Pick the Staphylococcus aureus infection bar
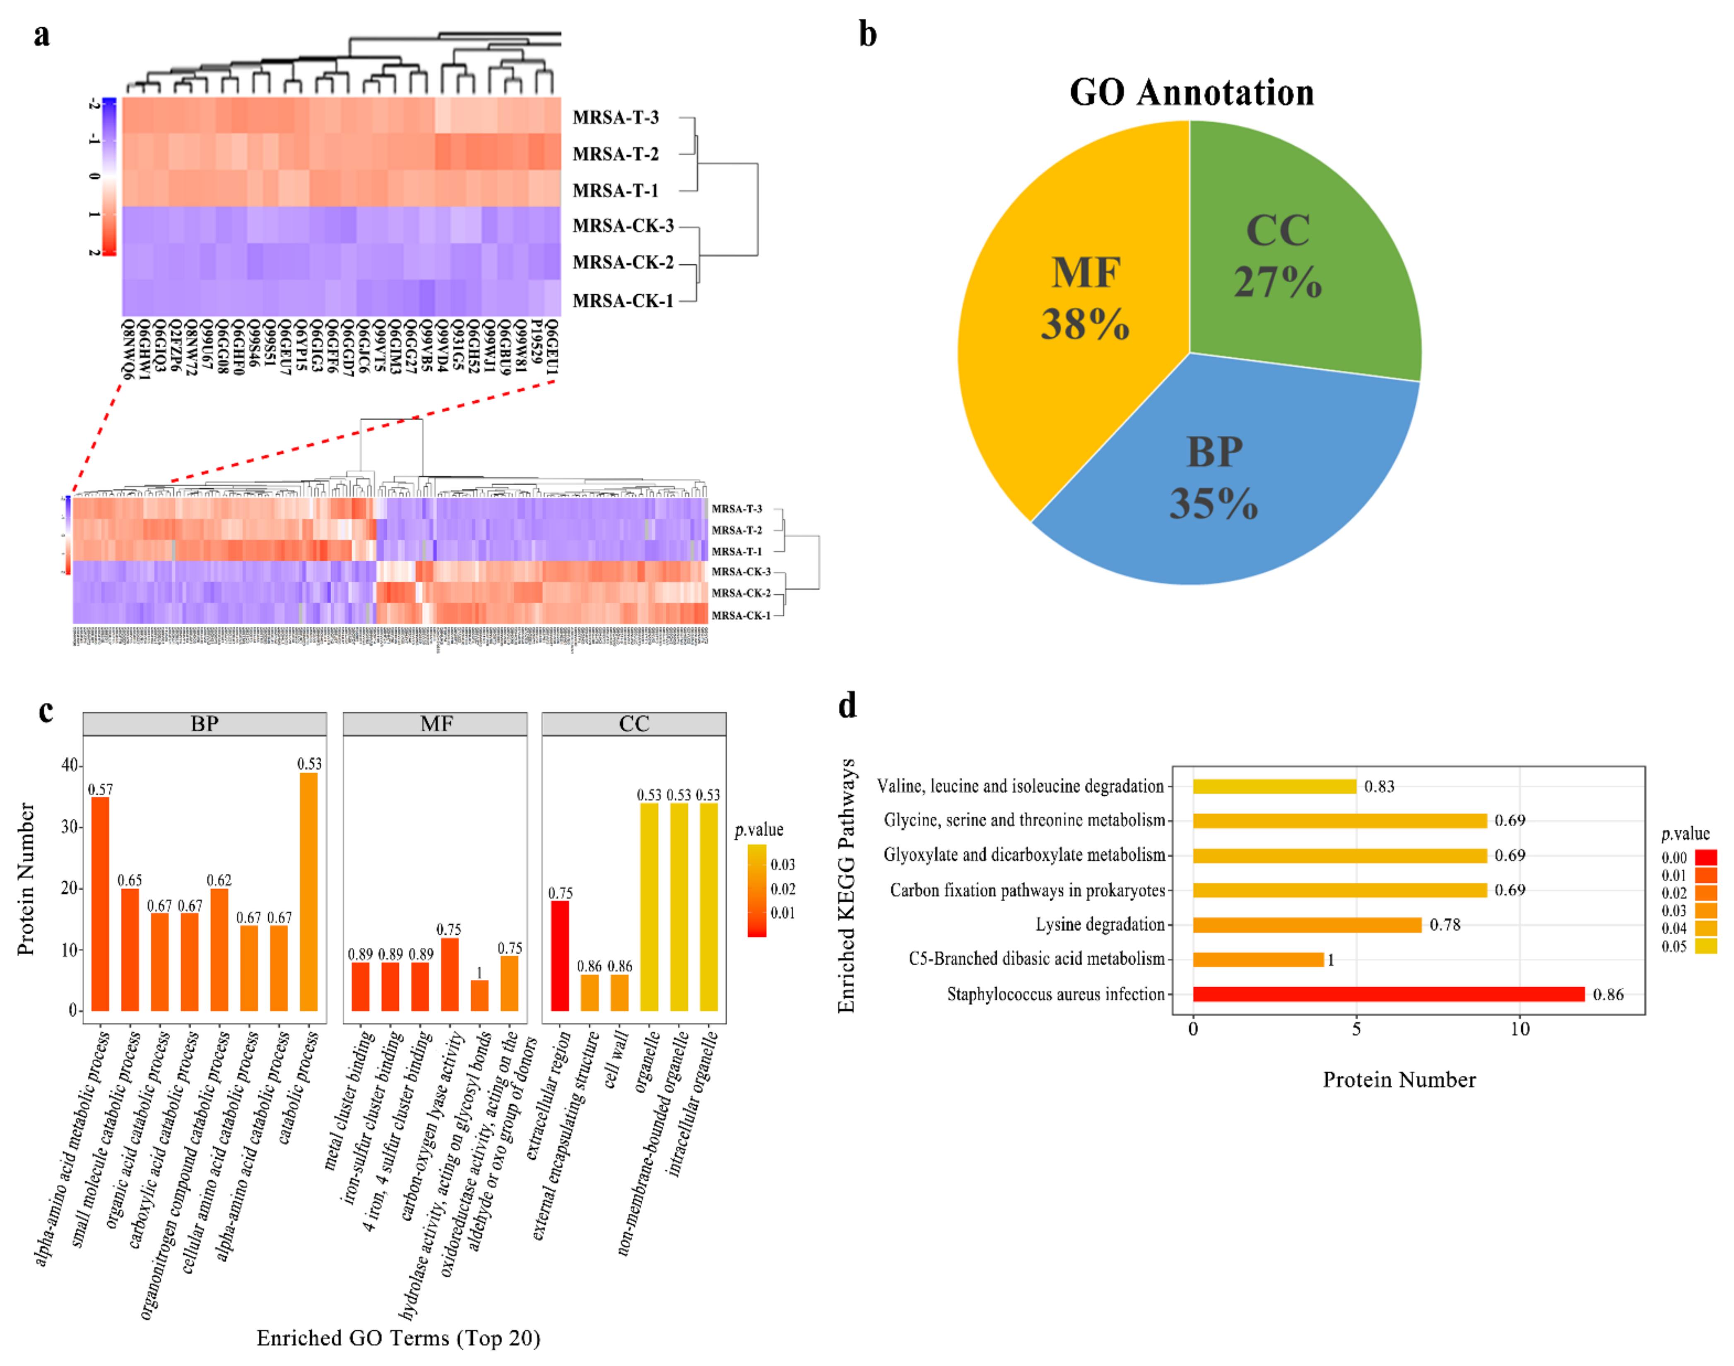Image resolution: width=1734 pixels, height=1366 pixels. coord(1388,994)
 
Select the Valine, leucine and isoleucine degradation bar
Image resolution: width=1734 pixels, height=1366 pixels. coord(1274,786)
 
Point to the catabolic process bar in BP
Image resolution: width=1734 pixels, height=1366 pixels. coord(309,892)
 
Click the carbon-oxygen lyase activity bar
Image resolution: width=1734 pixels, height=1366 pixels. coord(450,974)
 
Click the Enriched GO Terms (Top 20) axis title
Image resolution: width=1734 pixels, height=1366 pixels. coord(398,1338)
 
